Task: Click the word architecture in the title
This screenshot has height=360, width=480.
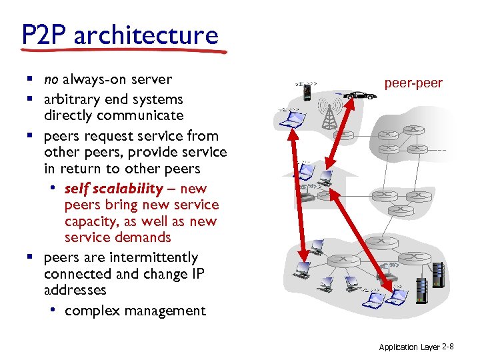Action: tap(146, 35)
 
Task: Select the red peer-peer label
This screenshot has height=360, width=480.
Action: tap(413, 83)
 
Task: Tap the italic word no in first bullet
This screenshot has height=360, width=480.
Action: tap(51, 80)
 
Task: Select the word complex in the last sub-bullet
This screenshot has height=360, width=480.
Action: tap(90, 311)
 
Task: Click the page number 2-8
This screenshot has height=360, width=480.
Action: tap(448, 347)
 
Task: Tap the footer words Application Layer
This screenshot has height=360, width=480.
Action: tap(409, 347)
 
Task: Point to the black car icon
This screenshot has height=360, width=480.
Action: tap(360, 95)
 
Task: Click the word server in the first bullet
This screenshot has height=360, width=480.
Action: tap(151, 80)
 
